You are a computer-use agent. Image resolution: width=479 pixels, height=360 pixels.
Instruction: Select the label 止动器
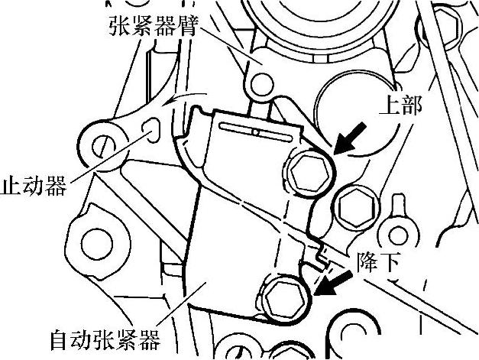tap(35, 184)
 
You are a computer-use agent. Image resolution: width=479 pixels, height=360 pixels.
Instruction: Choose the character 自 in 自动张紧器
tap(59, 337)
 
